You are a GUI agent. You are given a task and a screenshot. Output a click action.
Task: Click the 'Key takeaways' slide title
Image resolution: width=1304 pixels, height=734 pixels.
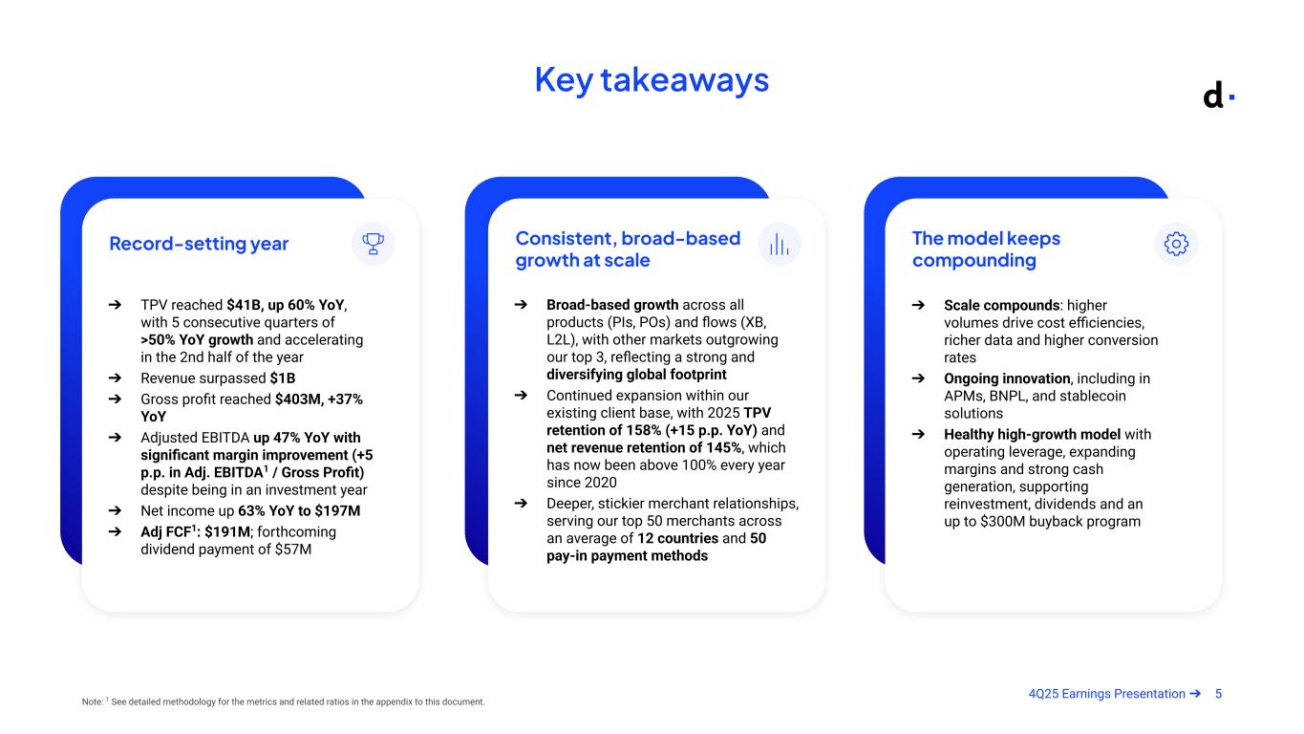(652, 80)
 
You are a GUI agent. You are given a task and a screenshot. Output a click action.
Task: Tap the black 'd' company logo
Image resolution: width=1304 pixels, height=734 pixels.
(1212, 96)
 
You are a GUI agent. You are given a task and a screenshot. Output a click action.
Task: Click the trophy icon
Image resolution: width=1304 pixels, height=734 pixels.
(374, 244)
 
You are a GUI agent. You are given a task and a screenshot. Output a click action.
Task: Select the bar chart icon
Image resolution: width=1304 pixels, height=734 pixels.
(779, 244)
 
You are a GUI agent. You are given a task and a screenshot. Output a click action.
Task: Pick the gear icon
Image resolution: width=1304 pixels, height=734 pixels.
(1176, 244)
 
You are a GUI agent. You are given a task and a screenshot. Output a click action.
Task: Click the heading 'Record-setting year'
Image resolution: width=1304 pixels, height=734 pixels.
(199, 244)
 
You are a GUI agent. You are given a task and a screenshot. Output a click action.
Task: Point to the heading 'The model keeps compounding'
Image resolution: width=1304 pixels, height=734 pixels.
(986, 249)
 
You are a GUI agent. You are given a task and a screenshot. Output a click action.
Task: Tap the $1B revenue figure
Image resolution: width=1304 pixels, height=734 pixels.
(283, 378)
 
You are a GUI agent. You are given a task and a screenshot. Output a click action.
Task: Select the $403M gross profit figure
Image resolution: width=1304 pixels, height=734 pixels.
(297, 399)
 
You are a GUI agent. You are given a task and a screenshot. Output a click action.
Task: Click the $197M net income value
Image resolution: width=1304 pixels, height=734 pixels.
(337, 511)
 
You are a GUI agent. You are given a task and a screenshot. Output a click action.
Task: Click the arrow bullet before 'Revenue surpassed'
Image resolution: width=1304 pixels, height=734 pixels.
(115, 378)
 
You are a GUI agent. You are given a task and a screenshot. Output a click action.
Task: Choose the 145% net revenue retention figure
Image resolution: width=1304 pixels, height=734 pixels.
(723, 448)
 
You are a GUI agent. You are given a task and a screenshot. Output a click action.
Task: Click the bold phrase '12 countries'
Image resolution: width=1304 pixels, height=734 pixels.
(677, 538)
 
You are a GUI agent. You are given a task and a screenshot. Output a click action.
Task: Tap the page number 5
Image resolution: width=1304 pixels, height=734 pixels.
(1218, 694)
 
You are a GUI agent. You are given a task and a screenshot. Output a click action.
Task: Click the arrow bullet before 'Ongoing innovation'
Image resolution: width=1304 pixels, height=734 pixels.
(918, 378)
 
